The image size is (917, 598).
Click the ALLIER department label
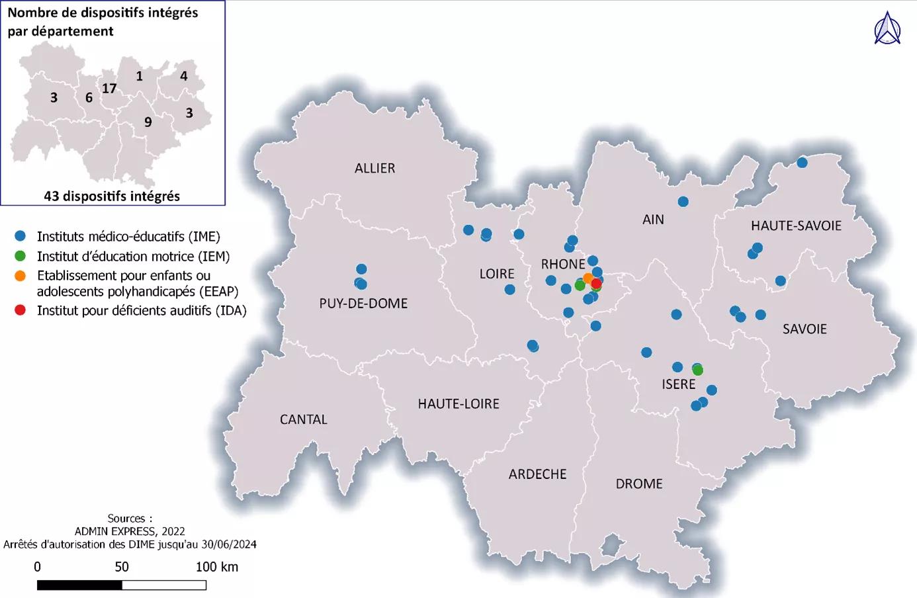point(374,168)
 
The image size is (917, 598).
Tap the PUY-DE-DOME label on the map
point(363,304)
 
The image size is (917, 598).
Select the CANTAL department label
point(303,419)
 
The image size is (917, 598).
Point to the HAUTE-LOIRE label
point(459,404)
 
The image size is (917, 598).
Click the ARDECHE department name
point(537,474)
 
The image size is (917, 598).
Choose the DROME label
point(638,484)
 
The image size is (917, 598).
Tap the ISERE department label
point(678,384)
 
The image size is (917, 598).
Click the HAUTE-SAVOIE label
point(796,226)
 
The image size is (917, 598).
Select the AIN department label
point(652,220)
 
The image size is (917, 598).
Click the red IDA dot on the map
point(595,283)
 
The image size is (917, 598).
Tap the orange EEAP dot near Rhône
point(588,278)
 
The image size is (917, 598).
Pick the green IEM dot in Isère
point(697,370)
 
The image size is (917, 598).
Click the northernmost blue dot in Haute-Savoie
point(802,163)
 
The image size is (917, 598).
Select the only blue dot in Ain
point(683,202)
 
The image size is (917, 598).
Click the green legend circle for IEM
point(21,256)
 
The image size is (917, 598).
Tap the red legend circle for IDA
point(21,310)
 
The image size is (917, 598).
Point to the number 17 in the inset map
point(109,89)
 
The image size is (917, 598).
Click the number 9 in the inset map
point(148,122)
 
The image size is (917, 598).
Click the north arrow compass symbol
point(887,28)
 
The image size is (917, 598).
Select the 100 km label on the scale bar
point(216,567)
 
